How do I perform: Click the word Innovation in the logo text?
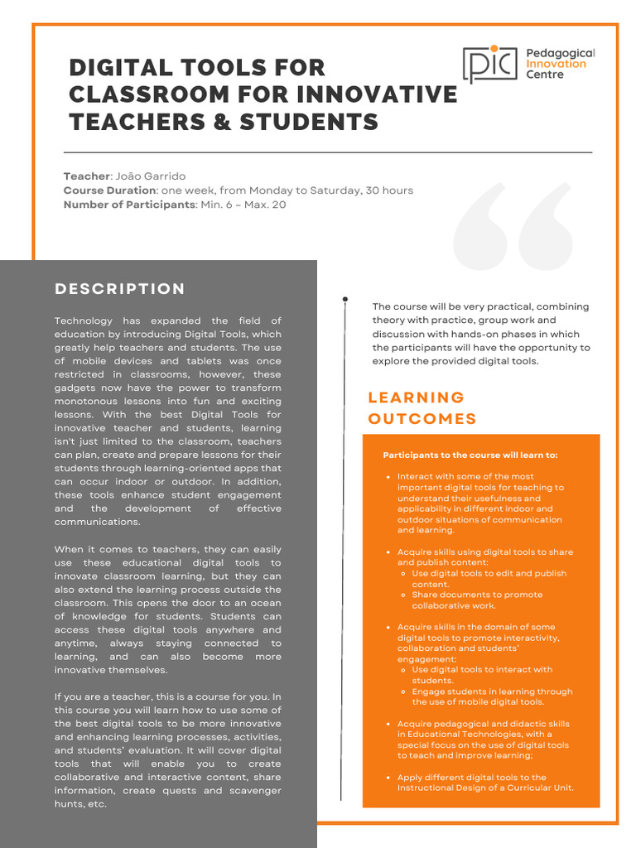pos(556,64)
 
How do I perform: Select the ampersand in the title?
pos(222,122)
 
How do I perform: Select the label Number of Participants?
pos(128,205)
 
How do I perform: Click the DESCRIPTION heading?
pos(120,289)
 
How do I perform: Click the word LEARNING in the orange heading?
pos(416,397)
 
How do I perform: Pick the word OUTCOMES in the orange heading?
pos(422,419)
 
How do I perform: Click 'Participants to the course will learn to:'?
pos(470,455)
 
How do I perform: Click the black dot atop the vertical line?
pos(344,299)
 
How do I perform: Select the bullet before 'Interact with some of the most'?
pos(388,477)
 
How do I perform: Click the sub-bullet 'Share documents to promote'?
pos(477,595)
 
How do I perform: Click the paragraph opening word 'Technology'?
pos(83,320)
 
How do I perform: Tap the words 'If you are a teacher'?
pos(104,697)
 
